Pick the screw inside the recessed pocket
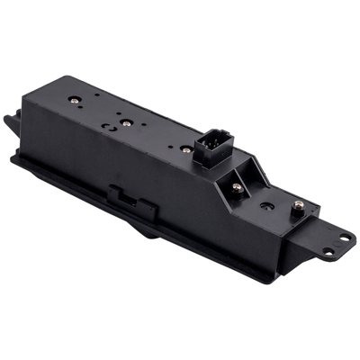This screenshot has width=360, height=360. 236,187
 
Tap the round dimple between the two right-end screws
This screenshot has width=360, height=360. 267,204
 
